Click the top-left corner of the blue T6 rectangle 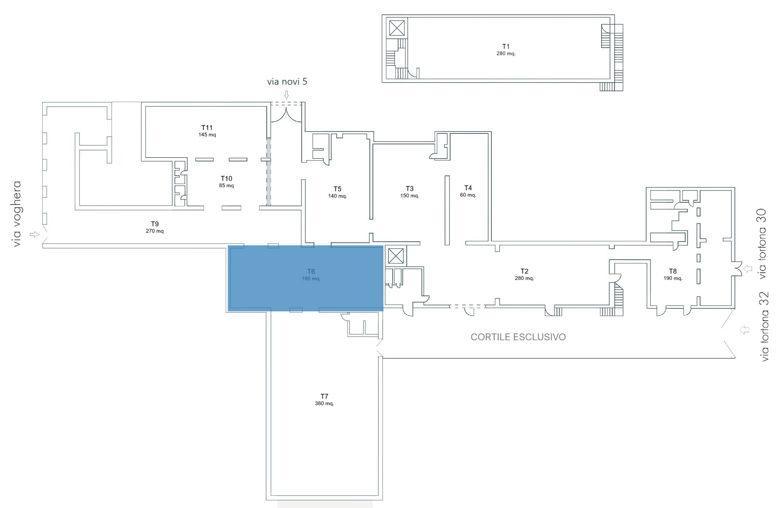pos(228,246)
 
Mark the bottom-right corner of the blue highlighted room pos(383,311)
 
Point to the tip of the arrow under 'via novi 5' pos(287,99)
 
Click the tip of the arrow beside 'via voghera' pos(39,235)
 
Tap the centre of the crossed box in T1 pos(397,28)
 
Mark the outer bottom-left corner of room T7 pos(266,500)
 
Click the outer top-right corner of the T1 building pos(614,15)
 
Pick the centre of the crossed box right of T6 pos(396,256)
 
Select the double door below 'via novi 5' pos(286,115)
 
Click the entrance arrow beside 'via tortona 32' pos(743,330)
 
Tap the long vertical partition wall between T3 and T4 pos(447,210)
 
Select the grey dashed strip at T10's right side pos(269,172)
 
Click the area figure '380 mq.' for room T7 pos(324,403)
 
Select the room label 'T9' pos(155,224)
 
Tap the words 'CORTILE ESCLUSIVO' pos(518,337)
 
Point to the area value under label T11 pos(207,135)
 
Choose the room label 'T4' pos(468,188)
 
